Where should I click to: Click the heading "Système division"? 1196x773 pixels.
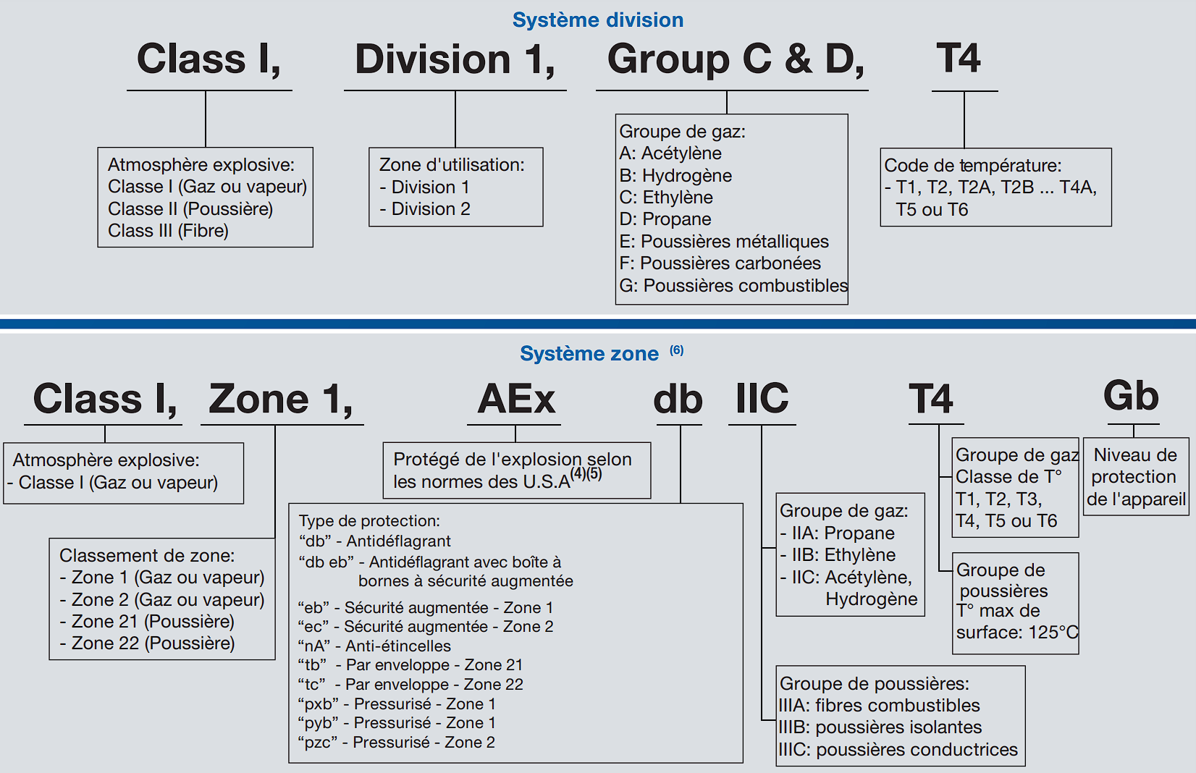[x=597, y=20]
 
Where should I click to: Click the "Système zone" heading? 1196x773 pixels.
[x=589, y=353]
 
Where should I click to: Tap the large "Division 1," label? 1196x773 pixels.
[x=455, y=59]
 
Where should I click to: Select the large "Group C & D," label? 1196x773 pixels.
[x=735, y=59]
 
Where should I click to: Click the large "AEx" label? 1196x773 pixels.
[x=516, y=399]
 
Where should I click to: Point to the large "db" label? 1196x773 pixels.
[x=678, y=399]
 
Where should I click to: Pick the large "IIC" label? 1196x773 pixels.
[x=762, y=399]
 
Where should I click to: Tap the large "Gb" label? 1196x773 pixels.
[x=1131, y=396]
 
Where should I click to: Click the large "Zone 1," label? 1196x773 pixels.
[x=281, y=399]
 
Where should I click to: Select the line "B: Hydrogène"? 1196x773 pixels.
[x=675, y=175]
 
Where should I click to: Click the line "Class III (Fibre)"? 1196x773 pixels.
[x=168, y=230]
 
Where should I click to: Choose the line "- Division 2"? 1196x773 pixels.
[x=425, y=208]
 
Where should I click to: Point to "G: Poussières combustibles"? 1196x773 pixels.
[x=733, y=285]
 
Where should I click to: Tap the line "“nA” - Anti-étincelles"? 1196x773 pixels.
[x=374, y=646]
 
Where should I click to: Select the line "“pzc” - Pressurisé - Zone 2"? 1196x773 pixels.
[x=397, y=742]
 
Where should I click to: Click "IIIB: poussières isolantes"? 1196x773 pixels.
[x=880, y=727]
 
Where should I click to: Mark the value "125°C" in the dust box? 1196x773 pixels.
[x=1053, y=632]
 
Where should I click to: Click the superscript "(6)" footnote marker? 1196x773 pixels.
[x=676, y=350]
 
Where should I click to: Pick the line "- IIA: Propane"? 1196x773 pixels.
[x=837, y=533]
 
